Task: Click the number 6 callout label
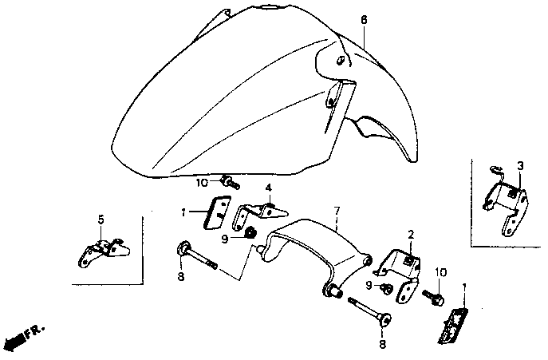364,18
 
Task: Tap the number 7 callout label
337,211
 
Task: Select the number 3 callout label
519,165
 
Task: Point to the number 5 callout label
101,219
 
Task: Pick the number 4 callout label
269,188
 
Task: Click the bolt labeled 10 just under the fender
231,183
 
